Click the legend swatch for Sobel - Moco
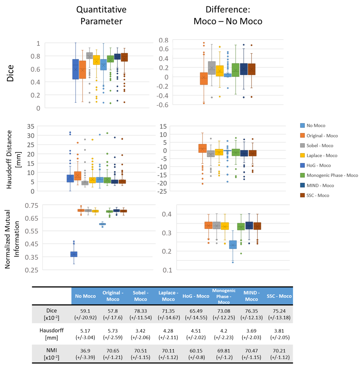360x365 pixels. pyautogui.click(x=302, y=146)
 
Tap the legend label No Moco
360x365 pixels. pyautogui.click(x=316, y=126)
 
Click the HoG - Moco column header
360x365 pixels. pyautogui.click(x=196, y=296)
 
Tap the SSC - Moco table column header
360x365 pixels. pyautogui.click(x=279, y=296)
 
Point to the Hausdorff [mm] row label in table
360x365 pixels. pyautogui.click(x=52, y=333)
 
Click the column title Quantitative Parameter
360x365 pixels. pyautogui.click(x=101, y=15)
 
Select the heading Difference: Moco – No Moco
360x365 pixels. pyautogui.click(x=228, y=15)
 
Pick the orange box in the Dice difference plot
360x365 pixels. pyautogui.click(x=204, y=78)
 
